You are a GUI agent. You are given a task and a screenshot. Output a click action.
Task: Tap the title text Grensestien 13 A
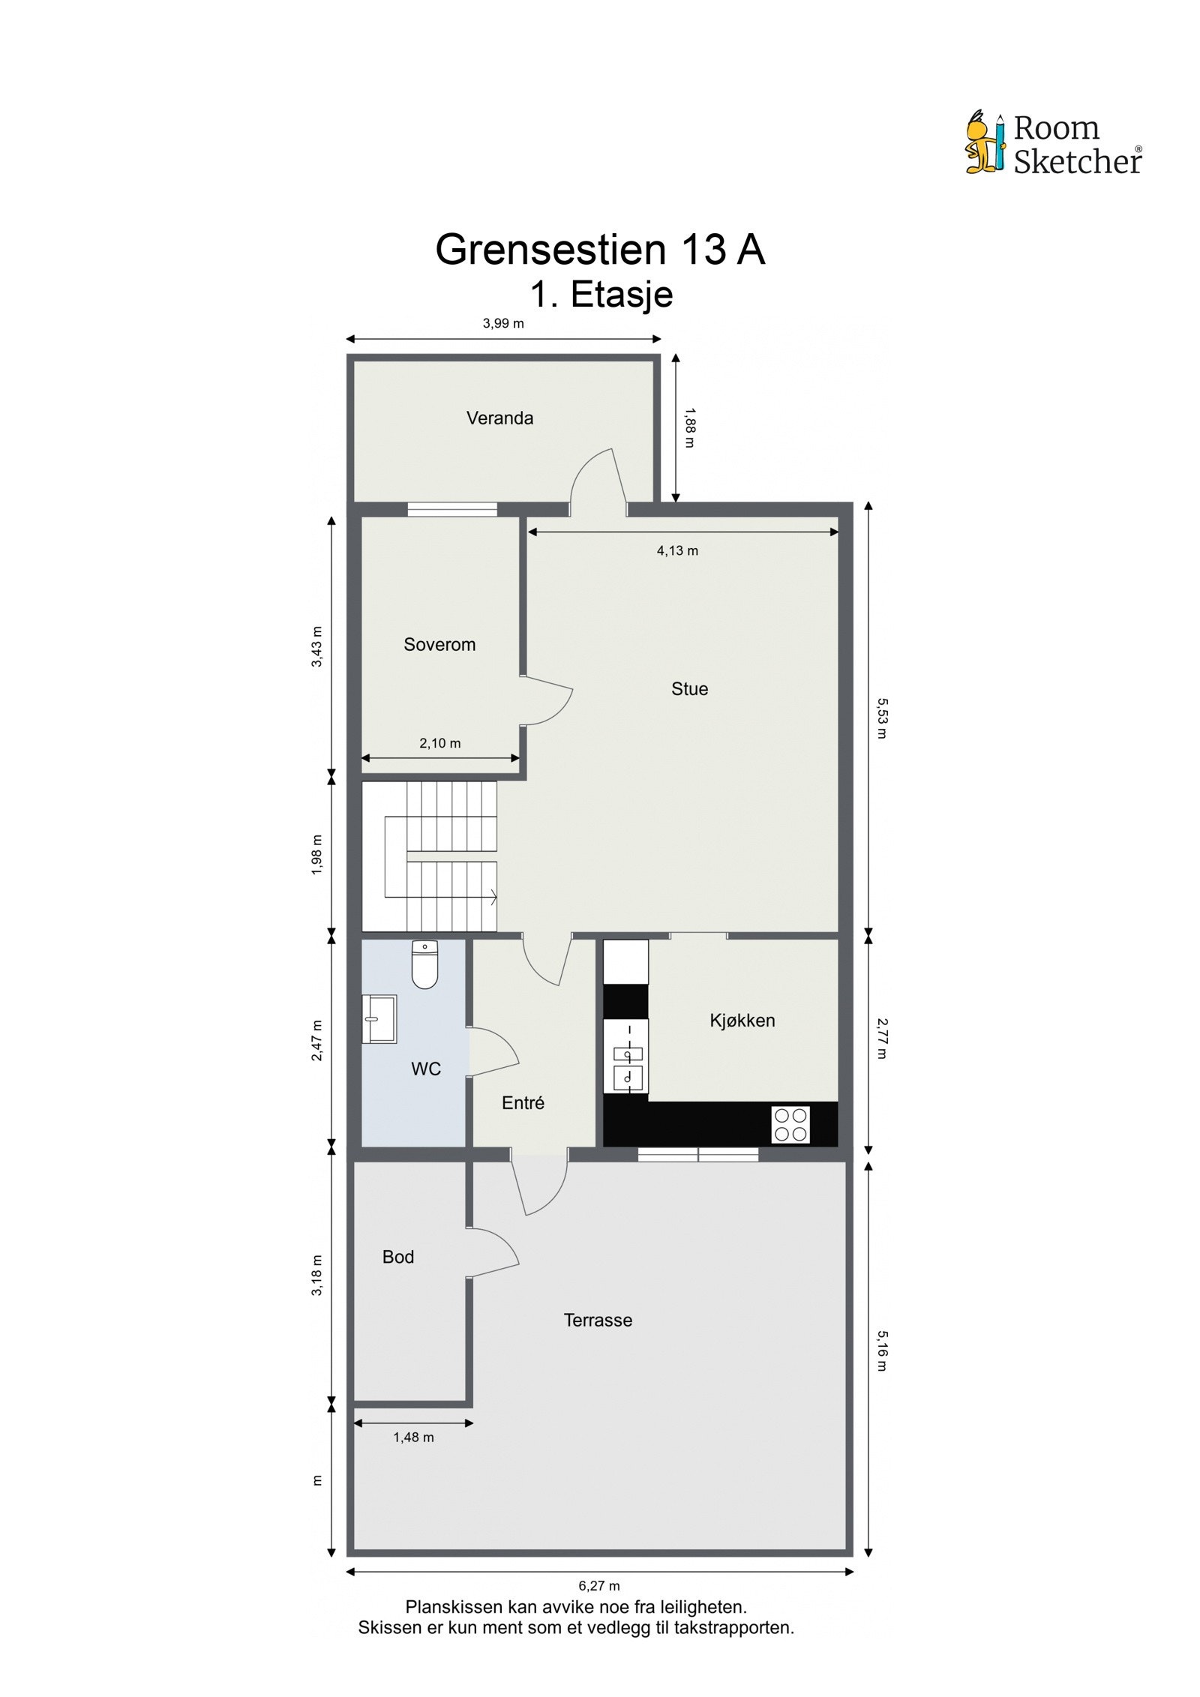click(599, 250)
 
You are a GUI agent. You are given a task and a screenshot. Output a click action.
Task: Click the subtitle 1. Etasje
click(601, 295)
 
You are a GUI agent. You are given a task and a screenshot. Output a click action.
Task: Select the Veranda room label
click(499, 418)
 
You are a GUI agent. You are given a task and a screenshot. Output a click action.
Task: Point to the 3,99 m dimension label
click(502, 324)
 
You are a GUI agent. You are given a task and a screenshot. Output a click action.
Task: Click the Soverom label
click(439, 645)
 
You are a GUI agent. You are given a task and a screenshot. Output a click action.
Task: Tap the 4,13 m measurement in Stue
click(677, 551)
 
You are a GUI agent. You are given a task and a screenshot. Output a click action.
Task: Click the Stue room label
click(689, 689)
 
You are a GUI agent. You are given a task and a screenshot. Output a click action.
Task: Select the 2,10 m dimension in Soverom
click(439, 743)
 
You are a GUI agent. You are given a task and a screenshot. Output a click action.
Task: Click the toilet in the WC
click(424, 966)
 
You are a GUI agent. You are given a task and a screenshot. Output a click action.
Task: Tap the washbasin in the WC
click(379, 1019)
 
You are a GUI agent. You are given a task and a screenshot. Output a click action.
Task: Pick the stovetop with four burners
click(790, 1126)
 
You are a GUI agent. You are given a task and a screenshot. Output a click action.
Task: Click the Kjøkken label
click(742, 1021)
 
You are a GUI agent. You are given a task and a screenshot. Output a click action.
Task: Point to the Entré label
click(523, 1103)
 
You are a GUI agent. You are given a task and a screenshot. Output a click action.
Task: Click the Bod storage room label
click(397, 1257)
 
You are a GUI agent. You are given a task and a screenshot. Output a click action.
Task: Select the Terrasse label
click(598, 1321)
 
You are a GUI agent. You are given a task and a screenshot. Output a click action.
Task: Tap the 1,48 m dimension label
click(413, 1438)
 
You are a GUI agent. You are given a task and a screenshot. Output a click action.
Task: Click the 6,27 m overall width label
click(598, 1586)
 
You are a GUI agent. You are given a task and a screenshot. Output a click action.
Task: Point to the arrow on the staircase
click(492, 896)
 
